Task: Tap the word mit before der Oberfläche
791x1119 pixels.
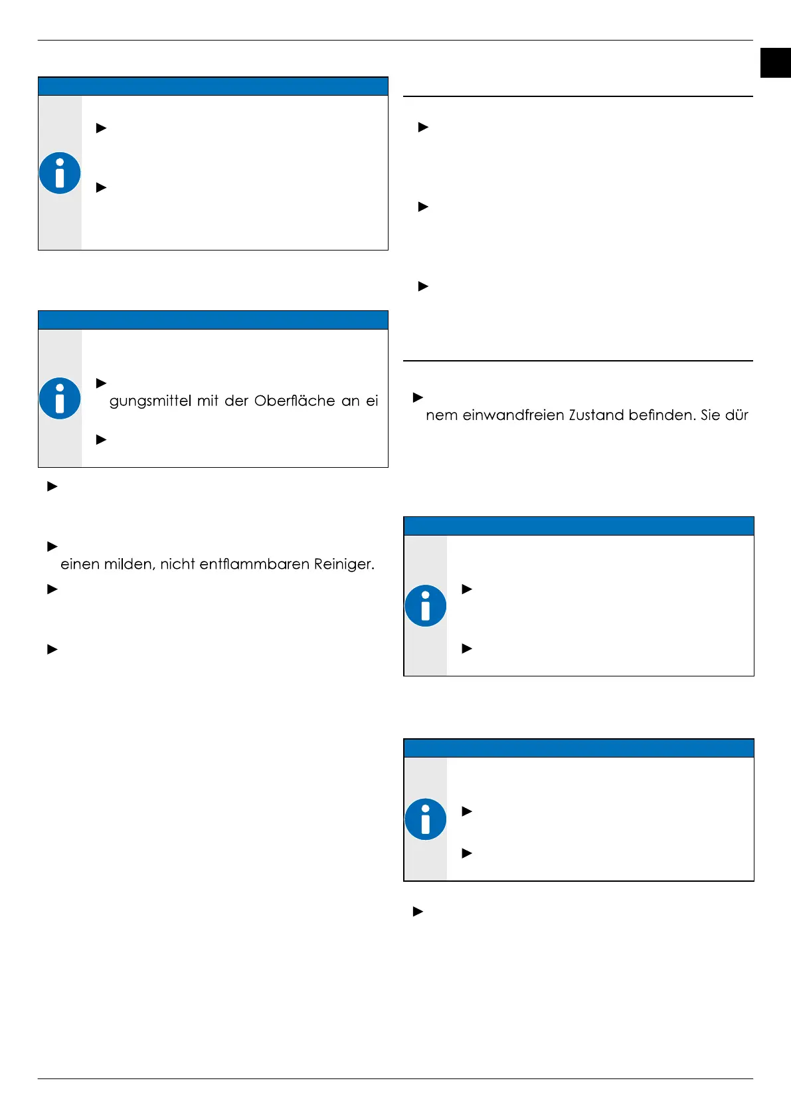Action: tap(207, 401)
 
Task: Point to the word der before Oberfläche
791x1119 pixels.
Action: tap(236, 401)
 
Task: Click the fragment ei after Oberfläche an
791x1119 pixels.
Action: tap(372, 401)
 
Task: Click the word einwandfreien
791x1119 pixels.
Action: tap(510, 415)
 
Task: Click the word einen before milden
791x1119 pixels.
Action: tap(80, 565)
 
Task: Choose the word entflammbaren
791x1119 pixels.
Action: tap(256, 565)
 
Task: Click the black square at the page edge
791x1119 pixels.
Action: tap(775, 63)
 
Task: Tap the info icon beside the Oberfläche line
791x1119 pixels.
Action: tap(60, 399)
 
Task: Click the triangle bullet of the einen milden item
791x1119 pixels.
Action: tap(52, 547)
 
